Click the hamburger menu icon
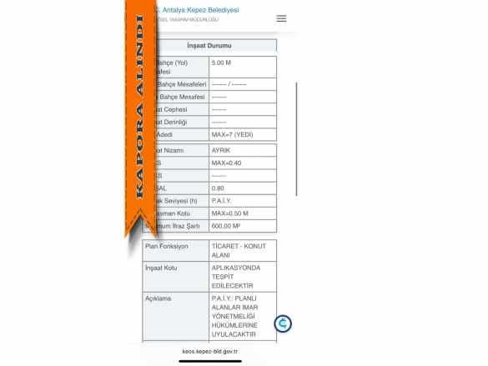[x=281, y=18]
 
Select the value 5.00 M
[x=221, y=63]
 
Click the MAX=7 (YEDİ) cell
[x=231, y=134]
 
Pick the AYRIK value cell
[x=221, y=150]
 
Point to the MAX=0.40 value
[x=226, y=163]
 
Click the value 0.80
[x=218, y=188]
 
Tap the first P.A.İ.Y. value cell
[x=223, y=201]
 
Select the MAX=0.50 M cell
[x=229, y=213]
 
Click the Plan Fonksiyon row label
[x=167, y=247]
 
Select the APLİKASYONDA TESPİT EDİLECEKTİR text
[x=238, y=276]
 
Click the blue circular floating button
[x=284, y=323]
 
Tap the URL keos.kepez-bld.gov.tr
[x=210, y=352]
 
